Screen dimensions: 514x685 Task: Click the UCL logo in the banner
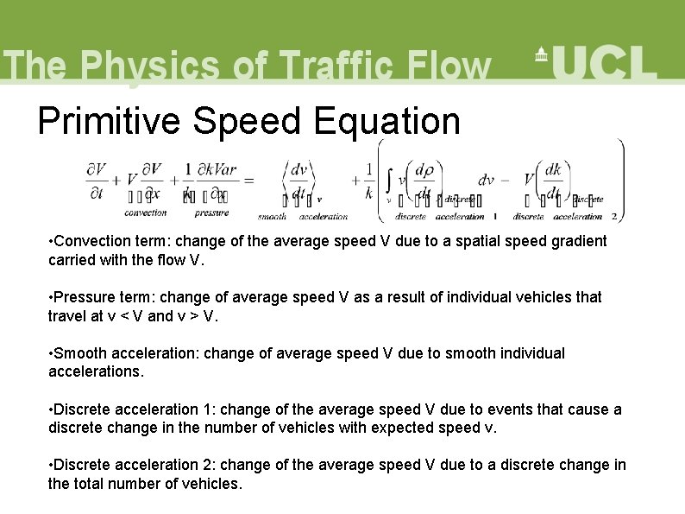(x=595, y=62)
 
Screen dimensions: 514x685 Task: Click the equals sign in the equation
(x=248, y=181)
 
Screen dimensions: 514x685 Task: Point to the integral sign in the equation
(x=390, y=181)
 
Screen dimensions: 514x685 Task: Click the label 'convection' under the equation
(x=146, y=213)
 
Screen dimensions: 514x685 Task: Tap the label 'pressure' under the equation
(x=211, y=213)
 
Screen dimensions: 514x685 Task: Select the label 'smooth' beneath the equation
(x=272, y=216)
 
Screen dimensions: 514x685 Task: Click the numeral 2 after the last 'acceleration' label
(x=613, y=216)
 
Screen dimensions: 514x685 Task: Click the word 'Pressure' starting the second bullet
(x=83, y=297)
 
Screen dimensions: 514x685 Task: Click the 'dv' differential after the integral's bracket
(x=486, y=181)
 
